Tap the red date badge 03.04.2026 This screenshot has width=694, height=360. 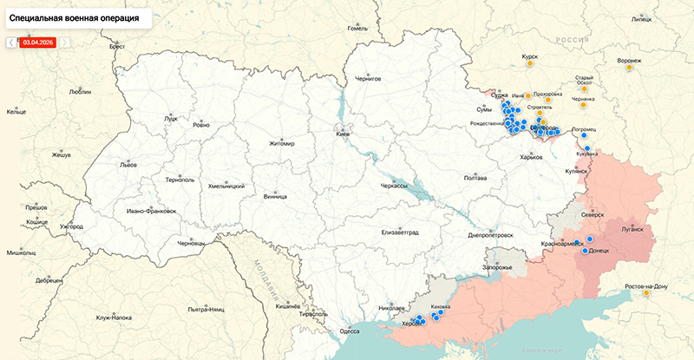38,42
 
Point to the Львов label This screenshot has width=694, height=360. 128,164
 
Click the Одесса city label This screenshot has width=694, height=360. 350,331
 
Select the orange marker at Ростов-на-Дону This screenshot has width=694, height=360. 647,294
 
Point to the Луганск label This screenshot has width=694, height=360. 632,231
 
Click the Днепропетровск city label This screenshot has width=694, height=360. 492,235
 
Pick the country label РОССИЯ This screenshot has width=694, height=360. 572,40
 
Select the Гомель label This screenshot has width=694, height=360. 358,28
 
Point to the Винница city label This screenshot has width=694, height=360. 275,196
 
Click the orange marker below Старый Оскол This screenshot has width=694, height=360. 584,88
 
